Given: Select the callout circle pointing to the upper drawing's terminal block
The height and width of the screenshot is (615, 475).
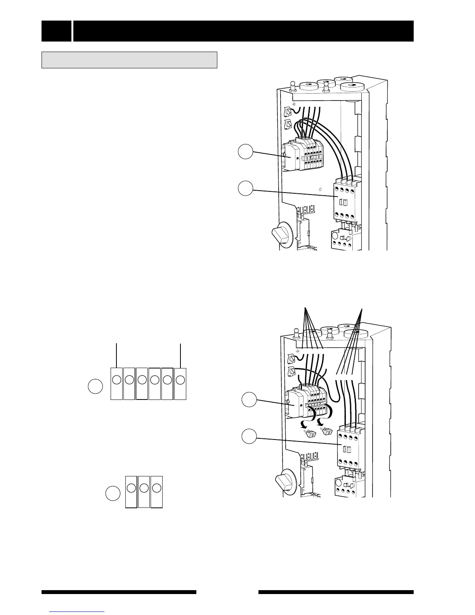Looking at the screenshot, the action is [245, 152].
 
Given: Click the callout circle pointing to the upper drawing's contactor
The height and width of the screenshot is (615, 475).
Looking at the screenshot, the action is [245, 189].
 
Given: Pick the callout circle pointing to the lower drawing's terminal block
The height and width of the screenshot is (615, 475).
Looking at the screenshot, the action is [249, 400].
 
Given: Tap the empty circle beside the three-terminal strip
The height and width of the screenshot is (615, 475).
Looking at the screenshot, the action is [113, 494].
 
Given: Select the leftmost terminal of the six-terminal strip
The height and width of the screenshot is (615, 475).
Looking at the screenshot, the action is [116, 383].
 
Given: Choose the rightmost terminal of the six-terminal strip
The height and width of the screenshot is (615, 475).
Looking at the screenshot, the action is [180, 383].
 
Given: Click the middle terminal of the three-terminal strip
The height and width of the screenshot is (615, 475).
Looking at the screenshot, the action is [144, 491].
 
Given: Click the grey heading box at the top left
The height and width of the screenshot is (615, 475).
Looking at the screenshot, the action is [129, 60].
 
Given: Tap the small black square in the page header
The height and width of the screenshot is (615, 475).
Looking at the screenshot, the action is [56, 31].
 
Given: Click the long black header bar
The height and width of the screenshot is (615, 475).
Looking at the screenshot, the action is [243, 31].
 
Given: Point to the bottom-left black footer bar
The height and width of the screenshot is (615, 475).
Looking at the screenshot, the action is [119, 592].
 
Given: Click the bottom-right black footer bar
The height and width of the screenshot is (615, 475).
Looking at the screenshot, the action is [336, 592].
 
